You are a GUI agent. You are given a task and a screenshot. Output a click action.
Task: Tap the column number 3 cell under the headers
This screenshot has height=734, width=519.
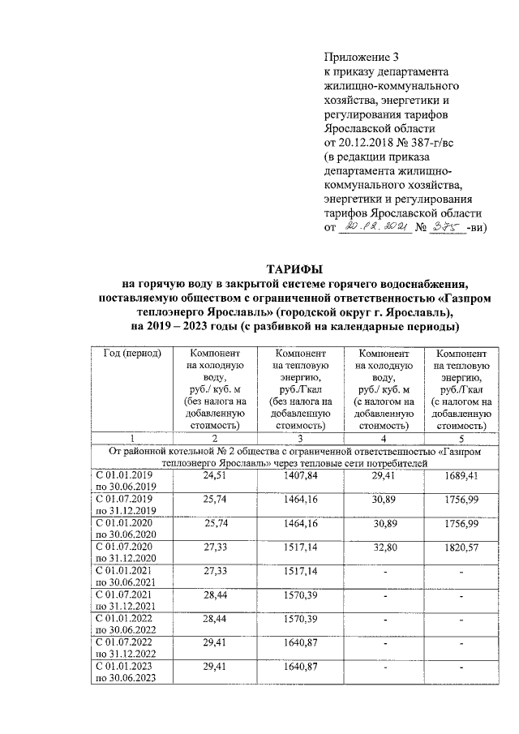[299, 438]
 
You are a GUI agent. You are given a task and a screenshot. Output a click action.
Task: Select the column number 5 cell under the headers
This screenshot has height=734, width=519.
[461, 438]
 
